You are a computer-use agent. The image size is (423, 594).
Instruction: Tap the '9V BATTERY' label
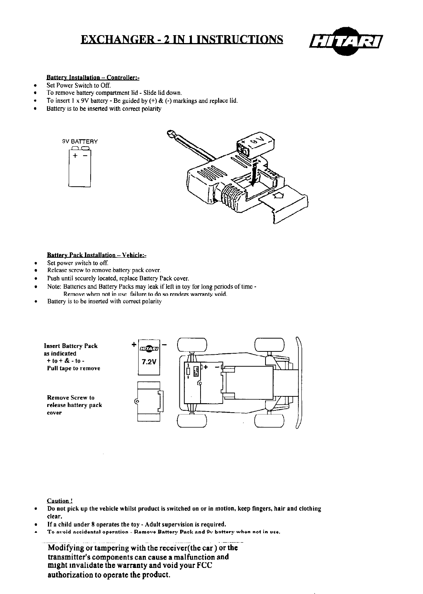tap(80, 142)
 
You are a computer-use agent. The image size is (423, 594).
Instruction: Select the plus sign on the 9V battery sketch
tap(75, 156)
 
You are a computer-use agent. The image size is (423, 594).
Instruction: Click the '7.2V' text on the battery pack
tap(149, 362)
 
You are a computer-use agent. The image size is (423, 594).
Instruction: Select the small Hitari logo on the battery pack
tap(149, 348)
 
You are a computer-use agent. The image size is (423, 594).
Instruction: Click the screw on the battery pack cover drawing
tap(137, 401)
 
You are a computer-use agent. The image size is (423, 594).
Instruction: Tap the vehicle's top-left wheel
tap(192, 344)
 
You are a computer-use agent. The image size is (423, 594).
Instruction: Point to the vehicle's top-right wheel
tap(269, 344)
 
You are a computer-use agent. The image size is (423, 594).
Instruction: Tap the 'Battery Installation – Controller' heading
tap(93, 78)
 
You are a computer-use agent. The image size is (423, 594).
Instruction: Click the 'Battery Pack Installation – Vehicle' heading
tap(97, 255)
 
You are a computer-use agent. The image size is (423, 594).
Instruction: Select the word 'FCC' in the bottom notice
tap(205, 566)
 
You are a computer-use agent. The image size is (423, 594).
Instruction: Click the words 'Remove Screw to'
tap(71, 398)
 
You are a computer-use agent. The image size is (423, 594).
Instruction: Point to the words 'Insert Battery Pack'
tap(71, 346)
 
